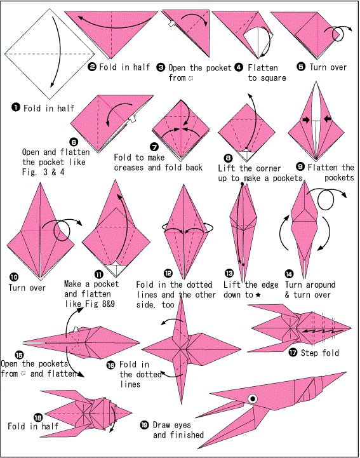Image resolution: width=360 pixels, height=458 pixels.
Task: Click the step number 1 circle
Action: (x=15, y=107)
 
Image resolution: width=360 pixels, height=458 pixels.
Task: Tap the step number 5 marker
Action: (x=302, y=67)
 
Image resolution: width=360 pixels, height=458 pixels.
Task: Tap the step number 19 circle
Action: (x=144, y=425)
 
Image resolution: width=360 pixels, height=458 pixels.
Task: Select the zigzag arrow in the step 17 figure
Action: (x=317, y=331)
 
